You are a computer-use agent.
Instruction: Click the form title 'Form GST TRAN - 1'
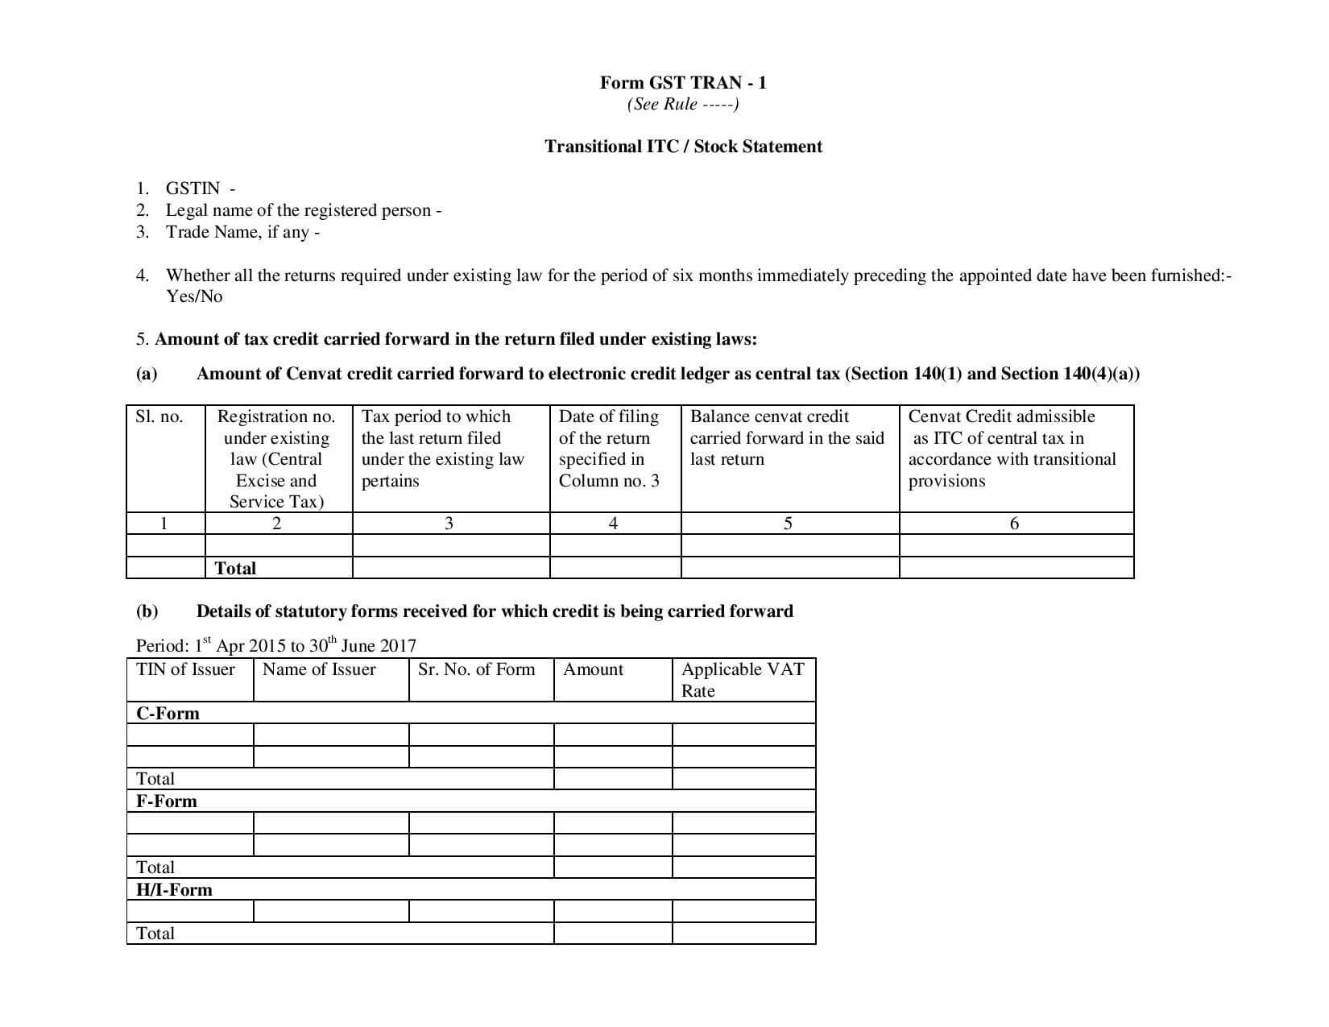click(683, 82)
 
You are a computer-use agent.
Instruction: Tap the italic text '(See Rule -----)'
click(683, 104)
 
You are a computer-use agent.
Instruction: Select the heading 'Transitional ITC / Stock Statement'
click(683, 147)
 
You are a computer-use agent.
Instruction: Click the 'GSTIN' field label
click(193, 188)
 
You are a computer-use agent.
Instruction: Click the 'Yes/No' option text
click(194, 296)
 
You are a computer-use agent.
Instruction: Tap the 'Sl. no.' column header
click(159, 416)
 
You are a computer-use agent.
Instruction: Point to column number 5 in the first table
click(788, 524)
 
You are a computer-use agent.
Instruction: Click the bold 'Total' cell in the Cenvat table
click(235, 568)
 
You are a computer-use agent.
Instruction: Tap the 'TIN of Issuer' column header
click(186, 669)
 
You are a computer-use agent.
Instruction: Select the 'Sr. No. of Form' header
click(476, 669)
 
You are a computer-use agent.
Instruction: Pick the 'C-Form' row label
click(168, 714)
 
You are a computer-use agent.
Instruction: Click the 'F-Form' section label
click(167, 801)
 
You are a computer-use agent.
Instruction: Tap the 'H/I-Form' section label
click(174, 890)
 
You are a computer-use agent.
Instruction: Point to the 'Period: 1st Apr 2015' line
click(275, 645)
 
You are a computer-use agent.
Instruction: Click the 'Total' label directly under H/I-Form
click(155, 934)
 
